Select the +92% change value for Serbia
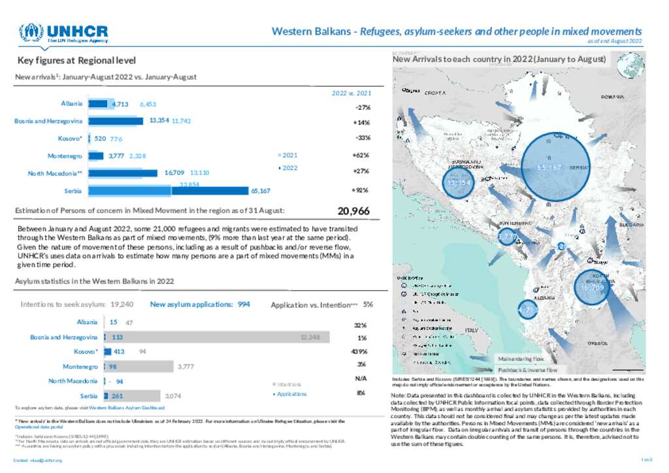pos(361,191)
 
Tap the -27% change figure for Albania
pos(363,107)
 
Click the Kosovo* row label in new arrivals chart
pos(70,139)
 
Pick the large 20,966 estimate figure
pos(353,211)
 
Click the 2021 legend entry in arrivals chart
pos(288,155)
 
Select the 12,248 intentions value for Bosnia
pos(310,337)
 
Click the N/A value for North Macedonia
pos(360,378)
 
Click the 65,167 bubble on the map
pos(549,168)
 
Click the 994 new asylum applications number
pos(244,304)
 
